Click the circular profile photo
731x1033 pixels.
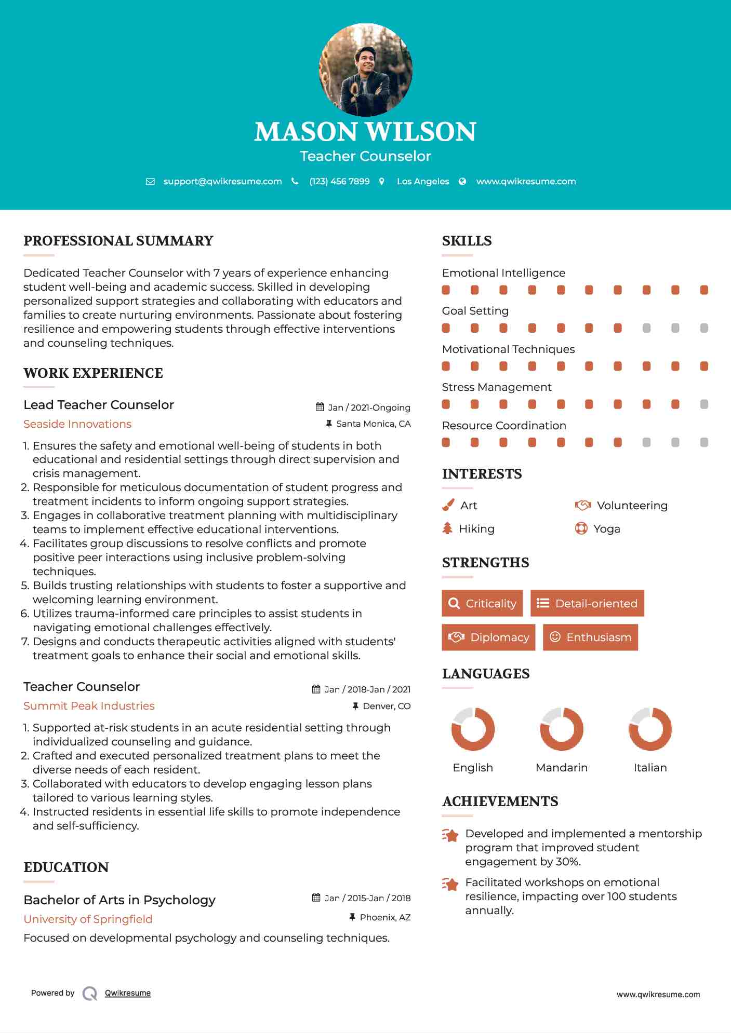point(365,70)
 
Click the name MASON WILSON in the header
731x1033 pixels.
point(365,132)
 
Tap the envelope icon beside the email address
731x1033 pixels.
point(150,182)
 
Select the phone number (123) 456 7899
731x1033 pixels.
point(339,182)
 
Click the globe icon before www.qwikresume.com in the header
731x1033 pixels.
point(462,182)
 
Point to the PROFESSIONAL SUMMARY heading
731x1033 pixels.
point(118,241)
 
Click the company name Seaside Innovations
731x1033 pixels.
point(77,424)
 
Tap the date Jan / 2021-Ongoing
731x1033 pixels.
point(369,407)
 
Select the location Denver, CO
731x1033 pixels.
point(387,706)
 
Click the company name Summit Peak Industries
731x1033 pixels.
point(89,706)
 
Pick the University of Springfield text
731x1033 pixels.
point(88,919)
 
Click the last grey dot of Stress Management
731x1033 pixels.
point(704,404)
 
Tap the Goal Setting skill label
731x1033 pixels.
point(475,311)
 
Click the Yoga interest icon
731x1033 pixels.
point(581,529)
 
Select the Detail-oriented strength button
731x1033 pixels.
point(587,603)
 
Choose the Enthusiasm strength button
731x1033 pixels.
point(590,637)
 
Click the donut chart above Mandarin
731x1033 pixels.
point(562,729)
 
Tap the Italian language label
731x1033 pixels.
point(650,768)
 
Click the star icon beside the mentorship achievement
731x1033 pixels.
point(450,835)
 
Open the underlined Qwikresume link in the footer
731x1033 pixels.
point(128,993)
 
